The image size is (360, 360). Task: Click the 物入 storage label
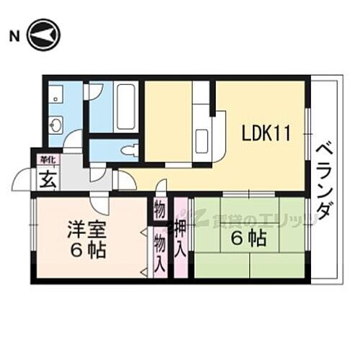tap(159, 249)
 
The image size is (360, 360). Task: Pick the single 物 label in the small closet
tap(159, 211)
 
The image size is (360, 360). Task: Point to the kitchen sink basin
tap(202, 137)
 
